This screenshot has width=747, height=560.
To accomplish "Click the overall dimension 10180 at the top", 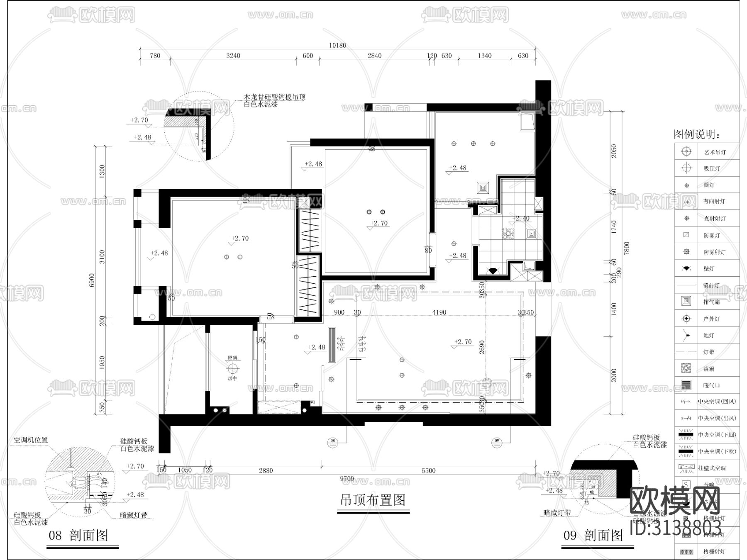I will coord(337,46).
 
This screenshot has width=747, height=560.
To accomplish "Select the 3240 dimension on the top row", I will coord(233,56).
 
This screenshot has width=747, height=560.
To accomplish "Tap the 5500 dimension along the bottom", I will coord(429,470).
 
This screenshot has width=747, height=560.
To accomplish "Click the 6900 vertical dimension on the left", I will coord(92,280).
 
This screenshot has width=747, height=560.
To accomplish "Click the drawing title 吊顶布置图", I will coord(373,500).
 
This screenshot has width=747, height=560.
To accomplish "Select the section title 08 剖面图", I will coord(78,536).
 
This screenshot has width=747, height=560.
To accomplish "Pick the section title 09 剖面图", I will coord(593,536).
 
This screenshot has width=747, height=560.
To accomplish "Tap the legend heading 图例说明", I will coord(697,134).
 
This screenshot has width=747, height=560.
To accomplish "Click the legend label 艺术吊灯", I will coord(715,152).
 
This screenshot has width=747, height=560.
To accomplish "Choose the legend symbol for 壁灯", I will coord(686,269).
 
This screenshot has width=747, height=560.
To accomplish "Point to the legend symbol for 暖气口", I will coord(686,385).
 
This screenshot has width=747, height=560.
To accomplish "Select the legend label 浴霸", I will coord(709,369).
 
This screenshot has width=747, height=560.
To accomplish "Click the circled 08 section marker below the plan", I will coord(332,441).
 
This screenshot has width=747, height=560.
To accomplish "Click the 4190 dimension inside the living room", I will coord(439,312).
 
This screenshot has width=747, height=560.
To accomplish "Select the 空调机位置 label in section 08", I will coord(31,440).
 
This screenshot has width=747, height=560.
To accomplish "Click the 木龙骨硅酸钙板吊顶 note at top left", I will coord(274,97).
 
